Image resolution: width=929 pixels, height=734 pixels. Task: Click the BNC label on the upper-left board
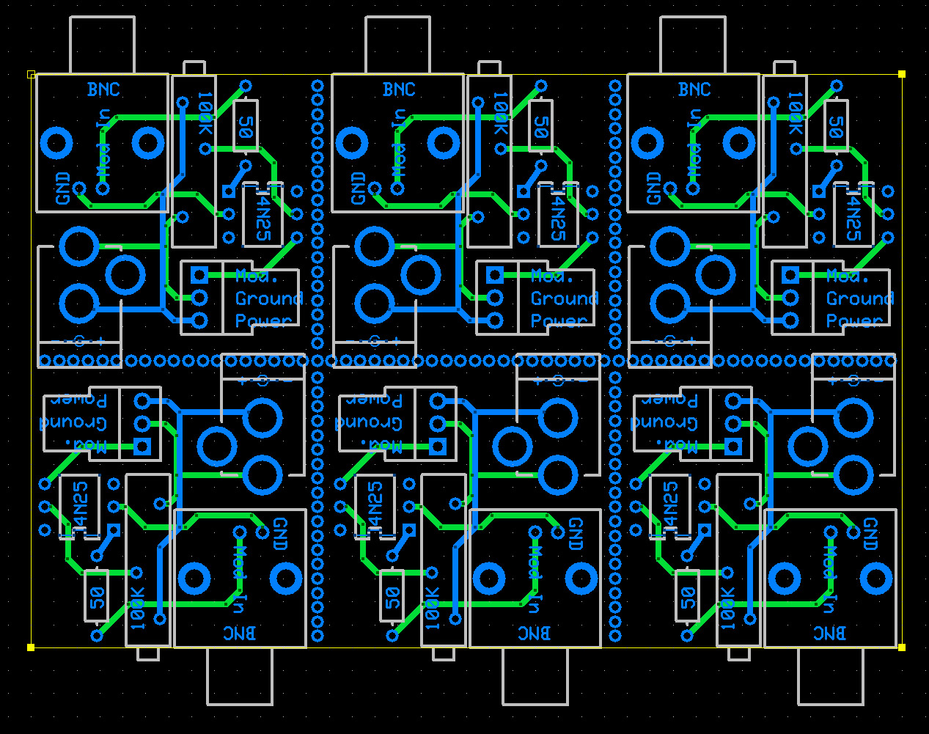coord(103,89)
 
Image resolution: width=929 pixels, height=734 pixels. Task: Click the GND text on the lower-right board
coord(870,534)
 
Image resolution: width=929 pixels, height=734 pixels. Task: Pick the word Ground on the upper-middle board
coord(565,298)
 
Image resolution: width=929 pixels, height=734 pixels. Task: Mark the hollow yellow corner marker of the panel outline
coord(32,74)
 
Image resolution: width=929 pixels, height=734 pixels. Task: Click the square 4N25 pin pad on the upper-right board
coord(819,191)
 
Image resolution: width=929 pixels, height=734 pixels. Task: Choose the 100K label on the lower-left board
coord(138,609)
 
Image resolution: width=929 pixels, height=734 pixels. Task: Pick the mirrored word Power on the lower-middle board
coord(372,400)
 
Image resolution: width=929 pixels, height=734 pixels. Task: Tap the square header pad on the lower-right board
coord(732,447)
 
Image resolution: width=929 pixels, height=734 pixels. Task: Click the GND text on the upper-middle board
coord(358,188)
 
